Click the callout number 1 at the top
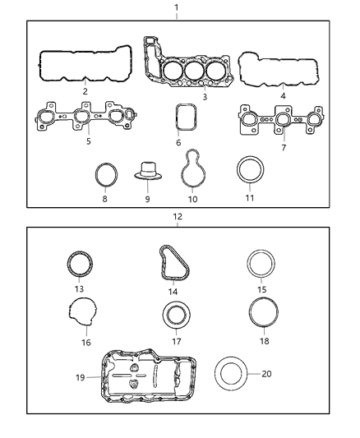click(176, 7)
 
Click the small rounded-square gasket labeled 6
click(187, 118)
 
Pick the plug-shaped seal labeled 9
click(148, 175)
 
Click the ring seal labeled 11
click(250, 172)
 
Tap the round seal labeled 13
click(80, 267)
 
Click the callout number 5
click(87, 141)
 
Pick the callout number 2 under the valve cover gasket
click(84, 91)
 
